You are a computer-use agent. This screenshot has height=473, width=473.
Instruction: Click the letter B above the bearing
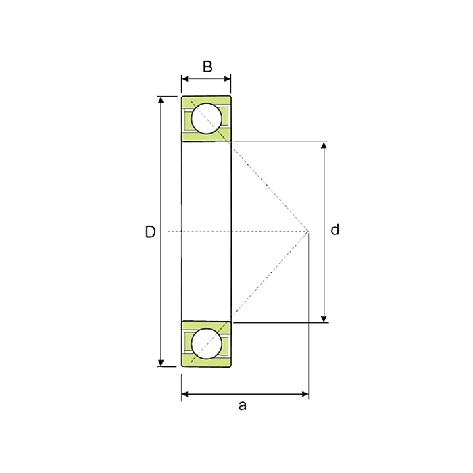click(x=207, y=67)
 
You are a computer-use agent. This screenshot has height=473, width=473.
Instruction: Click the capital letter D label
click(x=150, y=232)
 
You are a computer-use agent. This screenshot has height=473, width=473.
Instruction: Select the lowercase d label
click(x=335, y=230)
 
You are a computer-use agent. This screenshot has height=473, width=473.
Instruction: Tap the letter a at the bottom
click(x=242, y=406)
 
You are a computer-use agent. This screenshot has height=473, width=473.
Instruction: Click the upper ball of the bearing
click(x=207, y=118)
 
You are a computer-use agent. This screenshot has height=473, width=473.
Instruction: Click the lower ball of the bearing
click(x=207, y=344)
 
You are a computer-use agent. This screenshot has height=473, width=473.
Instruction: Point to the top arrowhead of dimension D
click(x=161, y=100)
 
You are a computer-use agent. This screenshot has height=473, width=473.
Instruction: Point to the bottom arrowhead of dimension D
click(x=161, y=363)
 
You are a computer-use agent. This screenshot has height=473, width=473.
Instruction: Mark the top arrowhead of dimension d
click(x=324, y=145)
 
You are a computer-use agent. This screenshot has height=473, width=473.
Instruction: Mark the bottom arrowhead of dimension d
click(x=324, y=319)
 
